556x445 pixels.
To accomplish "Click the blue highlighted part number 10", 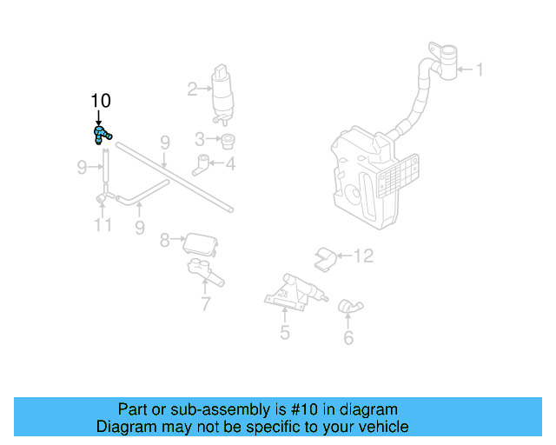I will [102, 134].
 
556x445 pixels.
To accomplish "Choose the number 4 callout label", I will [229, 163].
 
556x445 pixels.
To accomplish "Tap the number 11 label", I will [103, 226].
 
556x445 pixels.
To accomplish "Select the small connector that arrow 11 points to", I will [103, 199].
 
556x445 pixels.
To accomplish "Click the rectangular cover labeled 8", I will [199, 242].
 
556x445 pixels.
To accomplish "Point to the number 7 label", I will [205, 304].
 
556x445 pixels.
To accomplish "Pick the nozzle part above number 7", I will [205, 272].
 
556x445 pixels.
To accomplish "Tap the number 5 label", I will [284, 332].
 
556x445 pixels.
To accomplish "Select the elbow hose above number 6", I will [349, 306].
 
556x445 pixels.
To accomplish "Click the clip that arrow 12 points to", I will [325, 257].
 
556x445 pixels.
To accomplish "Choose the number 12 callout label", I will [363, 256].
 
